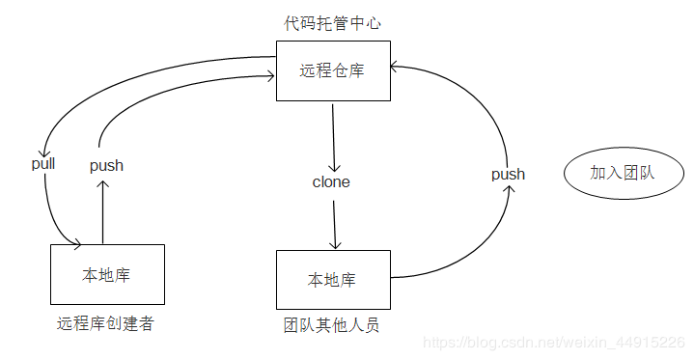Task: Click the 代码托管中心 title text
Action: [332, 23]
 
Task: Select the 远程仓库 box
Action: [333, 71]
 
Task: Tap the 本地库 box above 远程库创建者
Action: [106, 275]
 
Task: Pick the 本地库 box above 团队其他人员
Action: [333, 280]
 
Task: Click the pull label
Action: [43, 163]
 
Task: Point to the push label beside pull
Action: [106, 165]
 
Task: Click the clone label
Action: [331, 181]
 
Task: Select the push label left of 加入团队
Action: [508, 174]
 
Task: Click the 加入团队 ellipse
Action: [622, 173]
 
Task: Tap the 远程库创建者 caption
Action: [105, 323]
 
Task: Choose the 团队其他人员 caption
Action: [331, 325]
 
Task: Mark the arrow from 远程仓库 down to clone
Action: [333, 135]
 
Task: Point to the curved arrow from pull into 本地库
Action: [53, 217]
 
